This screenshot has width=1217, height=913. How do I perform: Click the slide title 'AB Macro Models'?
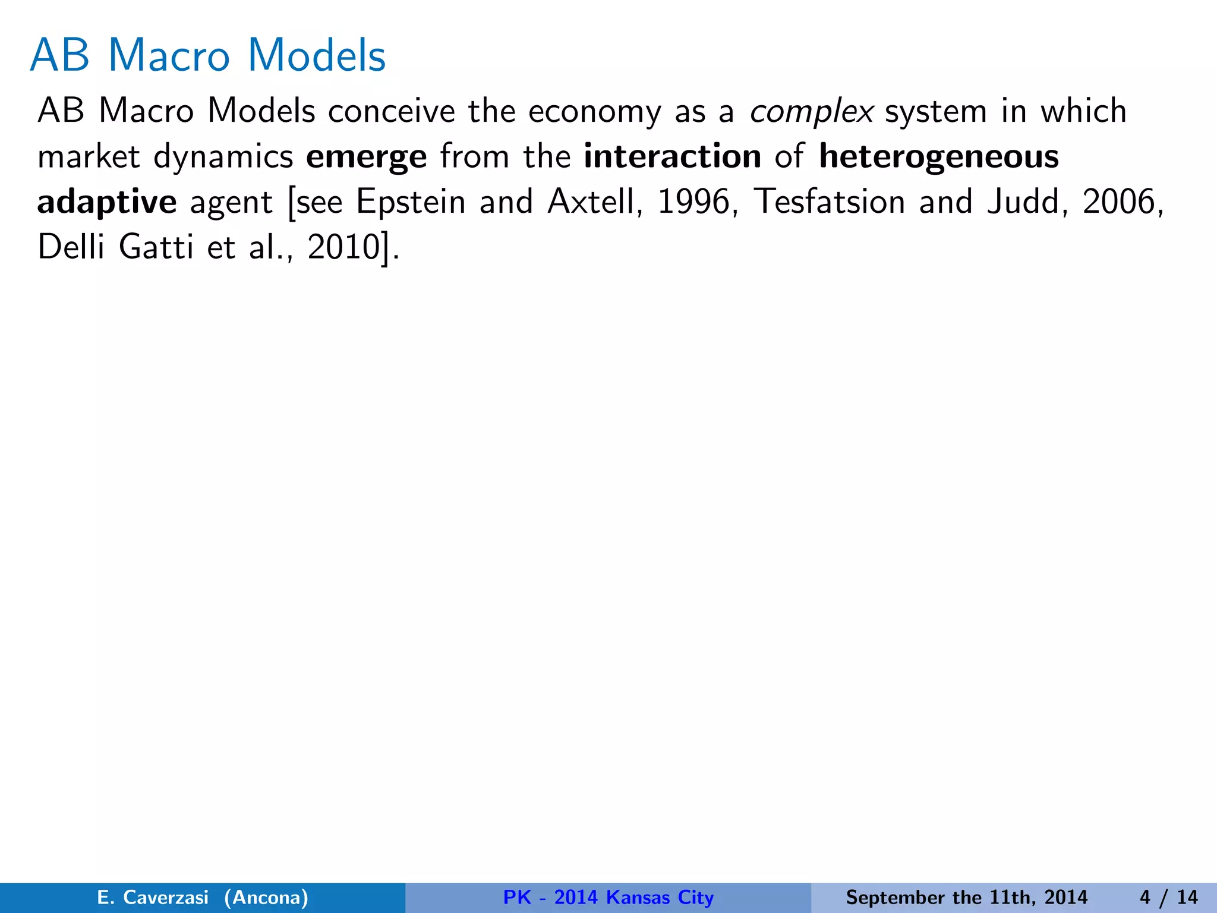(x=208, y=55)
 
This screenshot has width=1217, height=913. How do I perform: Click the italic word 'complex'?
(x=811, y=112)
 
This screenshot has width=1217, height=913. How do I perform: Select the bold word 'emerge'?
(x=366, y=157)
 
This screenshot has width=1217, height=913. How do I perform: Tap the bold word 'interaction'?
(x=672, y=157)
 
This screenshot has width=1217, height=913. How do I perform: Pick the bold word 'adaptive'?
(x=107, y=203)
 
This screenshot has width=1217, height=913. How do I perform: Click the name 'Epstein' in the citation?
(x=411, y=203)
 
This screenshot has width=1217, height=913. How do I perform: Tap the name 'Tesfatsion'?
(x=830, y=202)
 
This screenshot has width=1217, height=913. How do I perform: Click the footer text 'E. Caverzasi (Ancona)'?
(x=203, y=897)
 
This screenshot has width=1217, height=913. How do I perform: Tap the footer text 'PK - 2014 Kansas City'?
(x=608, y=897)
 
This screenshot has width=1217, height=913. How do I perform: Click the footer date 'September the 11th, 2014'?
(x=966, y=897)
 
